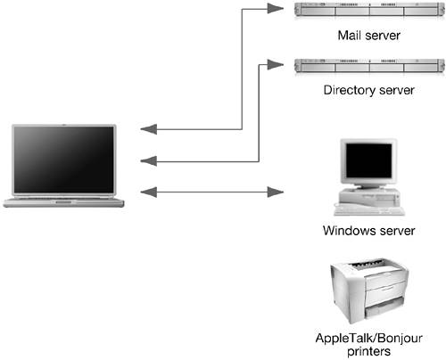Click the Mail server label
(x=368, y=36)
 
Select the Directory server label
(x=368, y=90)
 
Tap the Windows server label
(x=368, y=231)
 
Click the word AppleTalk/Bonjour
(x=368, y=338)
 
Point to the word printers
(x=368, y=351)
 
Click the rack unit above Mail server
(x=369, y=10)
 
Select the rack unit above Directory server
(x=369, y=65)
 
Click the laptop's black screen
(x=63, y=160)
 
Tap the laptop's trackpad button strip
(x=63, y=202)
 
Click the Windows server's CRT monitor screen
(x=368, y=160)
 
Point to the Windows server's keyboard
(x=369, y=211)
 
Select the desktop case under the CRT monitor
(x=368, y=198)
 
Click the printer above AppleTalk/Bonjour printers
(x=369, y=290)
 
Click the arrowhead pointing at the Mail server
(x=276, y=9)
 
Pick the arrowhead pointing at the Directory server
(x=276, y=64)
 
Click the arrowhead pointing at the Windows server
(x=276, y=192)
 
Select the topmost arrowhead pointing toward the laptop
(x=148, y=129)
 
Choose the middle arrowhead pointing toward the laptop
(x=148, y=161)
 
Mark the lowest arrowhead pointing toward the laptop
(x=148, y=192)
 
